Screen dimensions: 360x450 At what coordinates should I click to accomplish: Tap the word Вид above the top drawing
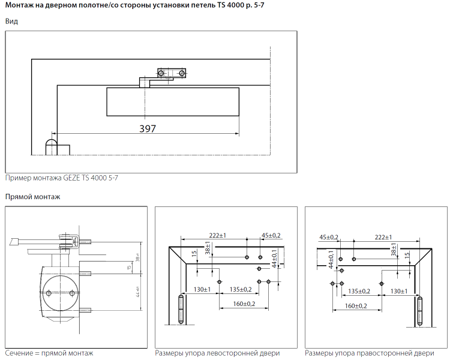tap(11, 22)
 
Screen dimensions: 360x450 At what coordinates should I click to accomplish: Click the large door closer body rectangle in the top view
tap(173, 101)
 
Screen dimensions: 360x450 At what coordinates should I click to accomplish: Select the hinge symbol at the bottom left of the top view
tap(52, 146)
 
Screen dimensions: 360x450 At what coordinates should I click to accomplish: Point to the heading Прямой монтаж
tap(33, 197)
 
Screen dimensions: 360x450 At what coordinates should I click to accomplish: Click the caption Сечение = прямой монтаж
tap(49, 353)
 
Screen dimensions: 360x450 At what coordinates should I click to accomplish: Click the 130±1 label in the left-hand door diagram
tap(203, 290)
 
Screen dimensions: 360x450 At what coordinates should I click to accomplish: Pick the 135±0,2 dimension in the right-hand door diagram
tap(359, 291)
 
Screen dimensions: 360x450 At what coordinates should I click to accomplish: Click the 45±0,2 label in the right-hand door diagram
tap(329, 236)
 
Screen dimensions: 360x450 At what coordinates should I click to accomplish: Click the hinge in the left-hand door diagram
tap(182, 310)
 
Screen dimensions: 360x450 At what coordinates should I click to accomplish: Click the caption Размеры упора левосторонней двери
tap(217, 353)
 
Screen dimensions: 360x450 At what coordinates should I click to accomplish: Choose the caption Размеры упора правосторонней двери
tap(369, 353)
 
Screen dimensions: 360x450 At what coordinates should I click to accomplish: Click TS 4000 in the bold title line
tap(228, 6)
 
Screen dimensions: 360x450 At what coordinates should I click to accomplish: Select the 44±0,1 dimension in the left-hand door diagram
tap(274, 259)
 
